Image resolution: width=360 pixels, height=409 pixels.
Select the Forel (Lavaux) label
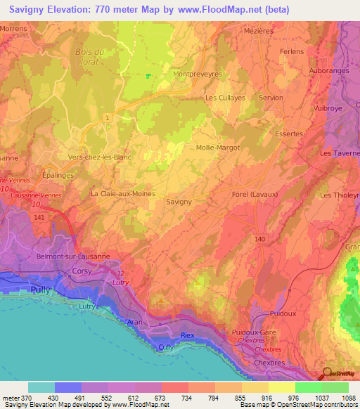[x=255, y=195]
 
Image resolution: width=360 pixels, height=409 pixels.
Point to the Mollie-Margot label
[x=219, y=148]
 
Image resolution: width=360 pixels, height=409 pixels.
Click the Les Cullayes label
[x=225, y=98]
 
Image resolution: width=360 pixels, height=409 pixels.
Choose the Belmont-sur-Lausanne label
[x=74, y=257]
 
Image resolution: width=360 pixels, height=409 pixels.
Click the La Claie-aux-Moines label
[x=122, y=193]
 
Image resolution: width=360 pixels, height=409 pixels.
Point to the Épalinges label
[x=58, y=176]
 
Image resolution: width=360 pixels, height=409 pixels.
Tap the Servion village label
[x=271, y=98]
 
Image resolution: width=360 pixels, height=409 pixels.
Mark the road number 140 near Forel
[x=260, y=240]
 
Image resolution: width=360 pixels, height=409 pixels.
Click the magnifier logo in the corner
[x=327, y=374]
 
